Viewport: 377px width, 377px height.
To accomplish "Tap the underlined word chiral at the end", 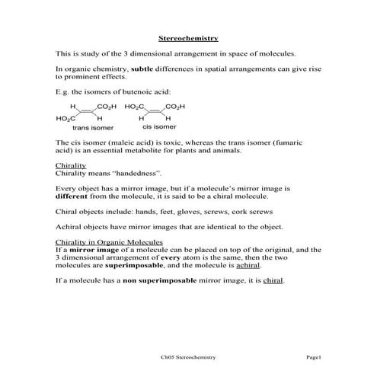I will click(x=273, y=282).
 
